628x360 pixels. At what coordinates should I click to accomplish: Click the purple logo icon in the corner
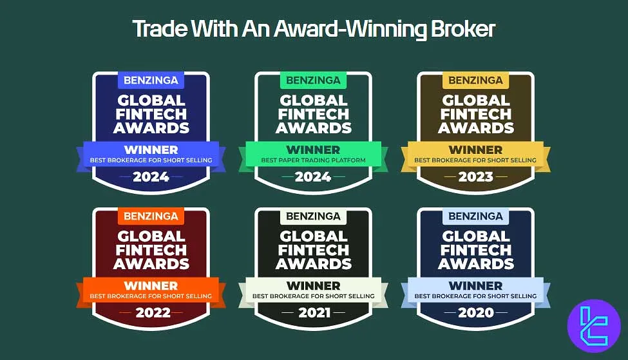(x=593, y=326)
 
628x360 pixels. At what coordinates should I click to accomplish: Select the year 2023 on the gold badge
(x=476, y=176)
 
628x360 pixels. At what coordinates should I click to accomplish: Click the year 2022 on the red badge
(x=151, y=313)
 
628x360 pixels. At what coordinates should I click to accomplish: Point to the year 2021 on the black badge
(x=314, y=313)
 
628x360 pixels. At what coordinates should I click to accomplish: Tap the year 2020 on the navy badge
(x=476, y=313)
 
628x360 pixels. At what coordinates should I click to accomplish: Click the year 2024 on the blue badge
(x=151, y=176)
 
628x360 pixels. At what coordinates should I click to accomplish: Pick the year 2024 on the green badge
(x=314, y=176)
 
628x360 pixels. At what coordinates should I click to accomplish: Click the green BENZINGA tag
(x=314, y=81)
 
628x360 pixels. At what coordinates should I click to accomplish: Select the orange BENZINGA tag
(x=151, y=216)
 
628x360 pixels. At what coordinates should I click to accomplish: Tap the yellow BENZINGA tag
(x=476, y=81)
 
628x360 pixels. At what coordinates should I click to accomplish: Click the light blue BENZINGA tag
(x=476, y=216)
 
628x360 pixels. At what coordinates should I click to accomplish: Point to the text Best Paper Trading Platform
(x=314, y=160)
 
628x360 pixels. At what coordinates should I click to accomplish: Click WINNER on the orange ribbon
(x=151, y=286)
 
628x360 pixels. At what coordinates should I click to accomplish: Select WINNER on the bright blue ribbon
(x=151, y=149)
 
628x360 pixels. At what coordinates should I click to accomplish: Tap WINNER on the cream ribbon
(x=314, y=286)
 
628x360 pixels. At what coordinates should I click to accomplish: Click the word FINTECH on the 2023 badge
(x=476, y=114)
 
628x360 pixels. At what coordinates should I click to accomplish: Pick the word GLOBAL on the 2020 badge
(x=476, y=236)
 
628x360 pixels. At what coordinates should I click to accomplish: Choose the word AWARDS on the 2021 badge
(x=314, y=264)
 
